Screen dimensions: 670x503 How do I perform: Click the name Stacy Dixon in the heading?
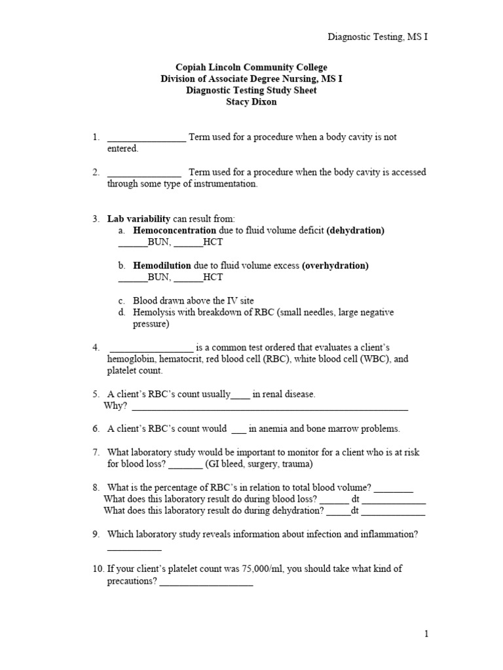pyautogui.click(x=251, y=101)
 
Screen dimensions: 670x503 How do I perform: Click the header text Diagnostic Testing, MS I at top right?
pyautogui.click(x=377, y=37)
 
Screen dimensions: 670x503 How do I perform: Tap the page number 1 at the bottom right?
pyautogui.click(x=426, y=633)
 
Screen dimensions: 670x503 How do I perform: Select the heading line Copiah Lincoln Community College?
pyautogui.click(x=251, y=68)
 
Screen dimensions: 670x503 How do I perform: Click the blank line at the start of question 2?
pyautogui.click(x=144, y=173)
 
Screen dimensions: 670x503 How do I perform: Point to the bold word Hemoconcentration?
pyautogui.click(x=174, y=231)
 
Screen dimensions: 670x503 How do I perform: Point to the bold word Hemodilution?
pyautogui.click(x=162, y=266)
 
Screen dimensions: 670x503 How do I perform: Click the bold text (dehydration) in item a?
pyautogui.click(x=356, y=231)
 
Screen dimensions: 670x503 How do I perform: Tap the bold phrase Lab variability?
pyautogui.click(x=139, y=219)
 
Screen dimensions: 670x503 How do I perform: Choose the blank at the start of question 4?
pyautogui.click(x=151, y=348)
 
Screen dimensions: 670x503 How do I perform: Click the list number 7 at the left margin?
pyautogui.click(x=96, y=453)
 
